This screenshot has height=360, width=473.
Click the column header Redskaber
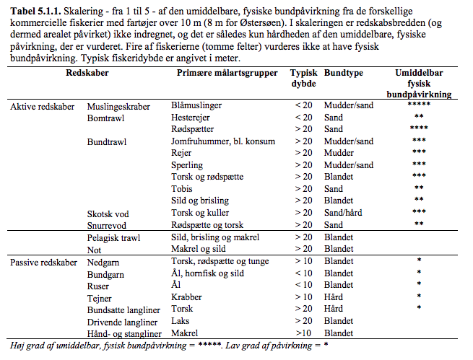pos(87,73)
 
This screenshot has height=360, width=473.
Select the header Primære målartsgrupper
pos(227,73)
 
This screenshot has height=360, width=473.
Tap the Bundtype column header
pos(344,73)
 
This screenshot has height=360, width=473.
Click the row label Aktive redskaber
pos(42,107)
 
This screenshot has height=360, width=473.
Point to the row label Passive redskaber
pos(43,263)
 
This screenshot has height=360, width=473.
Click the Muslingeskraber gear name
pos(118,107)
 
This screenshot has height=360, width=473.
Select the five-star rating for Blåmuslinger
pos(419,105)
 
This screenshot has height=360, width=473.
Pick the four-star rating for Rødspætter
pos(419,128)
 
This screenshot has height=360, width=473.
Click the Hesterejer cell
pos(191,118)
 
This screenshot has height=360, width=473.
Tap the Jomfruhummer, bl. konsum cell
pos(223,141)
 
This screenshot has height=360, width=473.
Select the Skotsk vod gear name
pos(108,214)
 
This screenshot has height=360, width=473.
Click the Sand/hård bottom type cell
pos(343,213)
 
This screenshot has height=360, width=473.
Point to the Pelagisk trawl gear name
pos(113,238)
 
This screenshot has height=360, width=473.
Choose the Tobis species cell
pos(181,189)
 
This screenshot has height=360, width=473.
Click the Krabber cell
pos(186,297)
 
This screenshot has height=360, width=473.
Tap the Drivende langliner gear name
pos(122,322)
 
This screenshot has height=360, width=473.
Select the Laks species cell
pos(180,321)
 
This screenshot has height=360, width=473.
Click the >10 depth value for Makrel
pos(303,333)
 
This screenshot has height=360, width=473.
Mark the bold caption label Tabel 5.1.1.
pos(35,12)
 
